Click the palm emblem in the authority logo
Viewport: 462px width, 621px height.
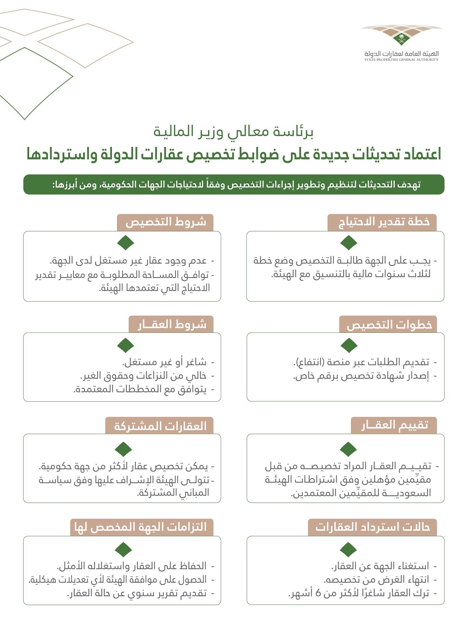pyautogui.click(x=401, y=38)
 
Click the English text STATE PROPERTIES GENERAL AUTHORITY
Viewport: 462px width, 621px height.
pyautogui.click(x=401, y=60)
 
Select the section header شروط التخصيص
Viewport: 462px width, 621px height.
pyautogui.click(x=166, y=222)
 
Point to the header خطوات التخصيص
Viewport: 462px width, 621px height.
pyautogui.click(x=389, y=325)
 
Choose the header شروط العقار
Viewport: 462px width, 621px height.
pyautogui.click(x=172, y=325)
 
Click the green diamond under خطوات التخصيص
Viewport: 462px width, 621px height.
pyautogui.click(x=349, y=345)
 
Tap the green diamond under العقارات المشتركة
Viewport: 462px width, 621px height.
pyautogui.click(x=123, y=449)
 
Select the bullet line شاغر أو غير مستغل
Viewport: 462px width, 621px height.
pyautogui.click(x=164, y=362)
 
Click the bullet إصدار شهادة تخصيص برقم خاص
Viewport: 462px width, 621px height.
pyautogui.click(x=361, y=376)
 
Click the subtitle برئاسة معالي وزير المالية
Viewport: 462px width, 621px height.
pyautogui.click(x=234, y=132)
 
